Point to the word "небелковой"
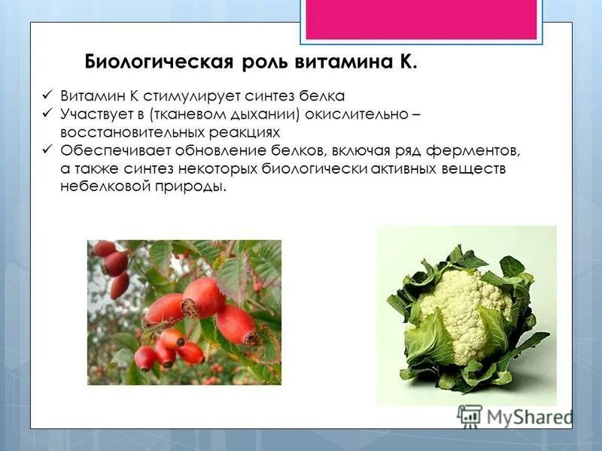96,186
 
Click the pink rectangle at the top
421,20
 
